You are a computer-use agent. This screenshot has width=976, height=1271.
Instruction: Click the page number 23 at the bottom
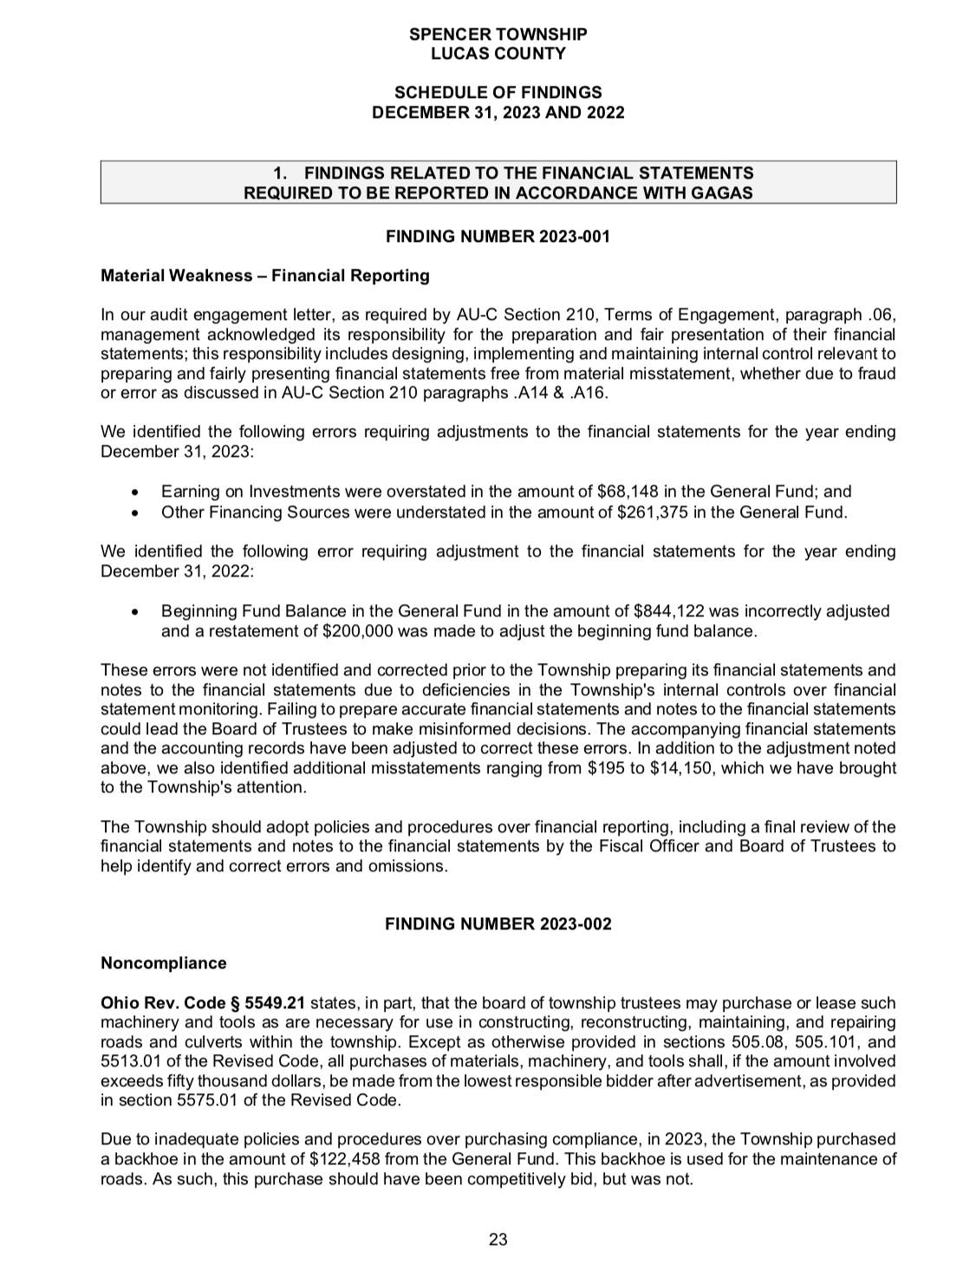coord(498,1239)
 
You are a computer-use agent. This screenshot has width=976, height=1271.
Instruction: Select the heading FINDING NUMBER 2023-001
coord(498,237)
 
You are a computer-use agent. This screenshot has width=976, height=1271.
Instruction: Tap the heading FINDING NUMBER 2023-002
coord(498,923)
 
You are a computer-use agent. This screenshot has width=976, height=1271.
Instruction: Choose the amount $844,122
coord(664,611)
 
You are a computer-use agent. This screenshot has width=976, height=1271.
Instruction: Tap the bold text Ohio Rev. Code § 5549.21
coord(203,1003)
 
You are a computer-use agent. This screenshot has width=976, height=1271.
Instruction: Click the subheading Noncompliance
coord(164,963)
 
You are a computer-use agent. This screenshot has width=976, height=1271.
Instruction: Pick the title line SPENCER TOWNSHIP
coord(498,35)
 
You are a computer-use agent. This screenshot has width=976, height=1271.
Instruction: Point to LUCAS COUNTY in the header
coord(498,54)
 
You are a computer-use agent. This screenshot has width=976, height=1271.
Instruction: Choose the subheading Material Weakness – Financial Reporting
coord(264,276)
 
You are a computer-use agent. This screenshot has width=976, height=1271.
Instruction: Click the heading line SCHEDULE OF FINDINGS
coord(498,93)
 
